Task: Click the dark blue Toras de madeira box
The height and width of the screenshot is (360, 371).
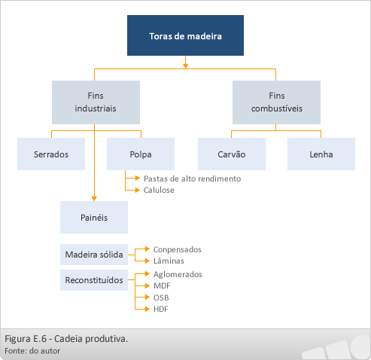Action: [x=185, y=35]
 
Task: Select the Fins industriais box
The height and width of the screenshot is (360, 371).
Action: [x=96, y=102]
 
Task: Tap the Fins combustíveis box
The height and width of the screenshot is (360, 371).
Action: [x=276, y=102]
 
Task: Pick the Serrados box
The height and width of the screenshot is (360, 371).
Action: [x=51, y=154]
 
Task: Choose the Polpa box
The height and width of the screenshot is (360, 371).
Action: [x=141, y=154]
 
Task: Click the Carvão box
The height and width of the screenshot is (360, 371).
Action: [x=232, y=154]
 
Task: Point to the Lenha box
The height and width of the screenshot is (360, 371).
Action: [x=321, y=154]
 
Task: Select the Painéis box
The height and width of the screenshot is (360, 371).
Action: [x=94, y=217]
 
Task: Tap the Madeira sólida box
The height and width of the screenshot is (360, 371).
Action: [x=94, y=255]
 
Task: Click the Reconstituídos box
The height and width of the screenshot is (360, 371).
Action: [x=94, y=280]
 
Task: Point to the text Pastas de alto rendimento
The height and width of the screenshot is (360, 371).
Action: [x=192, y=178]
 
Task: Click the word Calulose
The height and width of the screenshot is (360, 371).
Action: [x=159, y=190]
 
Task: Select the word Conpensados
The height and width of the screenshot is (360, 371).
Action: [x=178, y=249]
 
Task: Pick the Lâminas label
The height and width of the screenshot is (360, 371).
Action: [x=169, y=261]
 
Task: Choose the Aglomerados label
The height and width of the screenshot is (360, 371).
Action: [x=178, y=274]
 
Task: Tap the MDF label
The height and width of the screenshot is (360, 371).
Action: [x=162, y=285]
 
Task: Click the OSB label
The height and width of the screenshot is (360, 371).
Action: [x=161, y=297]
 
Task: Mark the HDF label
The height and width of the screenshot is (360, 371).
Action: [x=161, y=309]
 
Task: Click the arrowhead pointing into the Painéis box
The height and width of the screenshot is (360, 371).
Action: [x=94, y=199]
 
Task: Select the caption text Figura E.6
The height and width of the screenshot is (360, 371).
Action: [x=26, y=339]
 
